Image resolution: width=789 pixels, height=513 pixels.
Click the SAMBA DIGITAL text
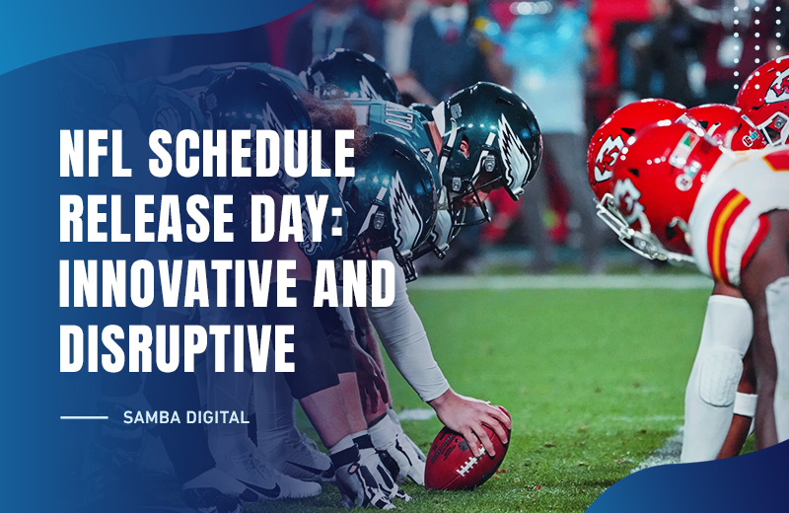185,417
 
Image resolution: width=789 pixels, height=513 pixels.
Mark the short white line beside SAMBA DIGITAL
84,417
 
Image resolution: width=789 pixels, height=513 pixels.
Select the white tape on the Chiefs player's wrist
746,403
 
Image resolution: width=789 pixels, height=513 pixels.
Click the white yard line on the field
552,282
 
